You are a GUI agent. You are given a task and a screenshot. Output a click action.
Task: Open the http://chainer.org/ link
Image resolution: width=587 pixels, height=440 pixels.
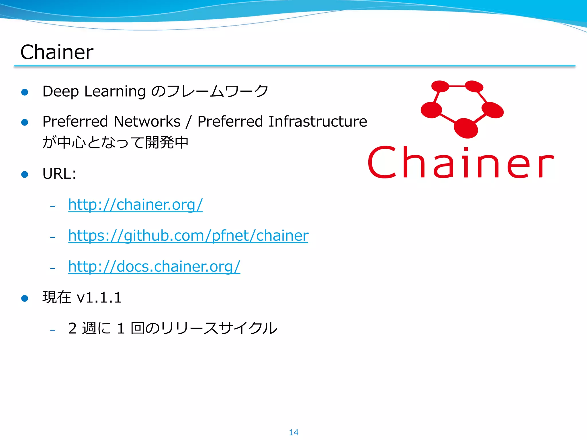coord(135,205)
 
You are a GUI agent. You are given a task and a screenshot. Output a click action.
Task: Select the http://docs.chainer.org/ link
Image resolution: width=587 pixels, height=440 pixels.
coord(154,266)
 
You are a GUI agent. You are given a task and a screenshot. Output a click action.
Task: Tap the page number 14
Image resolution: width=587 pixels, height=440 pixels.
coord(293,432)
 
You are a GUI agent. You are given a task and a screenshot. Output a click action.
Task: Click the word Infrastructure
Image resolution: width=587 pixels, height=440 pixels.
coord(318,121)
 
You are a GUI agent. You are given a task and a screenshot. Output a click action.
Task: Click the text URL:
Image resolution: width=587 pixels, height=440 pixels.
coord(59,174)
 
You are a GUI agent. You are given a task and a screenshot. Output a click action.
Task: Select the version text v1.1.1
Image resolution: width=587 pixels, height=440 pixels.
coord(99,297)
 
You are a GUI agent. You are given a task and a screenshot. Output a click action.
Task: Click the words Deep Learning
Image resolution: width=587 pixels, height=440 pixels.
coord(94,91)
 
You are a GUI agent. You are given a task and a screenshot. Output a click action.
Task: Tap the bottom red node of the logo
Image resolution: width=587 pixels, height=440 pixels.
coord(466,128)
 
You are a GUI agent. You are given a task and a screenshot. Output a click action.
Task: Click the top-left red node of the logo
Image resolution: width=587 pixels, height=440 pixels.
coord(440,86)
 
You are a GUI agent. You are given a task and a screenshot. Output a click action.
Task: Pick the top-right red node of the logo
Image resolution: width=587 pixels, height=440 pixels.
coord(474,86)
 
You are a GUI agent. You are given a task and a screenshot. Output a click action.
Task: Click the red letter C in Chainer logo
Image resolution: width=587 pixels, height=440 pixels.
coord(382,162)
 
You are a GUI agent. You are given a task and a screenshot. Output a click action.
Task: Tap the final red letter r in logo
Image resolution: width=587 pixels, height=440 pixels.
coord(545,166)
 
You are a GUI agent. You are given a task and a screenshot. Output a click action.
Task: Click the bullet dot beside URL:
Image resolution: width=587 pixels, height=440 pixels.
coord(25,174)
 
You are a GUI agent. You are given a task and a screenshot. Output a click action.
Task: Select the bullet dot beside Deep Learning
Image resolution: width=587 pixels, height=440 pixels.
coord(25,92)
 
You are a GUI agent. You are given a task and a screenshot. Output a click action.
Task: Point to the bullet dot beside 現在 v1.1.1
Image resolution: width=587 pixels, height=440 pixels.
coord(25,298)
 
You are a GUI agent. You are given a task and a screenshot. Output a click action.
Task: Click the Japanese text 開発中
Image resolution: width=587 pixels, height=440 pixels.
coord(167,142)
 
